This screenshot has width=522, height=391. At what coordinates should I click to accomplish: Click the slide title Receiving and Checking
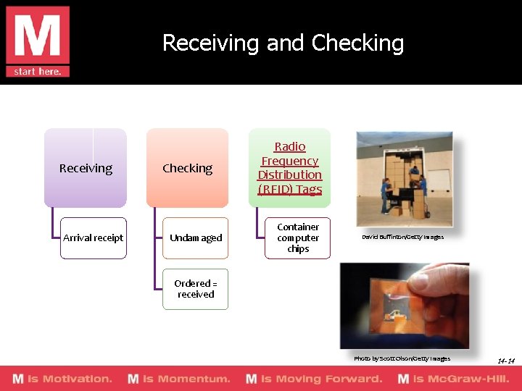pos(283,43)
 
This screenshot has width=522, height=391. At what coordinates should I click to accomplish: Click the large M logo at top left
pos(38,35)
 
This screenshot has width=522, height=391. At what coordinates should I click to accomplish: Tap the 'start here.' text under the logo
pos(38,71)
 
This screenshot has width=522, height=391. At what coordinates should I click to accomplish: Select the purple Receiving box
pos(86,168)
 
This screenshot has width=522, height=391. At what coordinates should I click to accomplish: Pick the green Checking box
pos(187,168)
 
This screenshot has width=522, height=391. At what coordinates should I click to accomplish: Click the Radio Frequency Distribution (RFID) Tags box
pos(289,168)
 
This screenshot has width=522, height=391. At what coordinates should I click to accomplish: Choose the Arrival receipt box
pos(93,238)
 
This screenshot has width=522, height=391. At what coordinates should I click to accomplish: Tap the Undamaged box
pos(196,238)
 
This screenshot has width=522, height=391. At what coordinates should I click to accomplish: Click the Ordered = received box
pos(196,289)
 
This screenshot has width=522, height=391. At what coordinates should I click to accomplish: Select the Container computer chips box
pos(297,238)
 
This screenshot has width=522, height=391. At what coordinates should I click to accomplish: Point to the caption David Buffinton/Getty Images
pos(402,237)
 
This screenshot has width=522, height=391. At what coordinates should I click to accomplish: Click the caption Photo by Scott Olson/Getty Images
pos(402,358)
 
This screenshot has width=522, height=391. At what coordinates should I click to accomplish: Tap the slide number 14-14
pos(506,361)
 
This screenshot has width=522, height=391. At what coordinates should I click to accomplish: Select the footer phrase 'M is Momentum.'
pos(178,379)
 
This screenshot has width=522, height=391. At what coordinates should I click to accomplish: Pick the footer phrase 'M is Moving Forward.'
pos(314,379)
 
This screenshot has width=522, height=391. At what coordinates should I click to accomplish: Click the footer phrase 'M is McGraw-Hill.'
pos(454,379)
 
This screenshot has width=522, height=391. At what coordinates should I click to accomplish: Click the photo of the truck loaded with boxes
pos(404,178)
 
